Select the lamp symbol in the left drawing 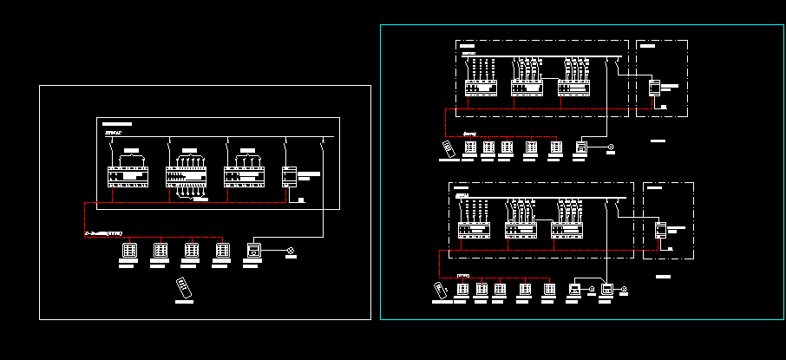coord(291,252)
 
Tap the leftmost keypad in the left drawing coord(129,251)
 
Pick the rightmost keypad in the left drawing coord(222,251)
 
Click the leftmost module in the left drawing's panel coord(128,176)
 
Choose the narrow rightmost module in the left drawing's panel coord(290,176)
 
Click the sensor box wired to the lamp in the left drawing coord(253,251)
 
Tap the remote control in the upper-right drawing coord(449,148)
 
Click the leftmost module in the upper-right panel coord(480,88)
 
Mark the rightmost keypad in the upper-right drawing coord(555,148)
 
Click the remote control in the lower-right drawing coord(439,289)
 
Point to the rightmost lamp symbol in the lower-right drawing coord(624,289)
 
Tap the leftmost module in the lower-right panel coord(474,230)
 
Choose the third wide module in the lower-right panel coord(567,230)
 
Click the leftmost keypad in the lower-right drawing coord(462,289)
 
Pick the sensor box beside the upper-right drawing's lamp coord(580,148)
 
